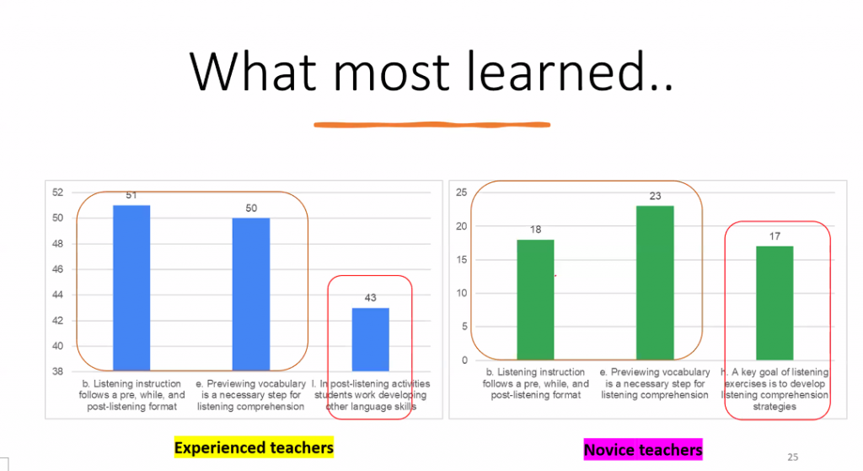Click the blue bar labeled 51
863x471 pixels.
tap(131, 288)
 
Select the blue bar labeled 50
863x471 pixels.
tap(251, 294)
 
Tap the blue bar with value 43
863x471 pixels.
tap(371, 339)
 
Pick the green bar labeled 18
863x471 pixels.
tap(535, 300)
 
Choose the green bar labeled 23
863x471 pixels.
tap(655, 283)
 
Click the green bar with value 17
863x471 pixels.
tap(775, 303)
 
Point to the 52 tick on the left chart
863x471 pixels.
tap(58, 192)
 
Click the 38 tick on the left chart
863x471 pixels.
tap(58, 371)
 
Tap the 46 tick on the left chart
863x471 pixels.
tap(58, 269)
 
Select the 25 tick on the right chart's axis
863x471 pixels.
tap(461, 192)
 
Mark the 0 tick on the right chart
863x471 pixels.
tap(464, 360)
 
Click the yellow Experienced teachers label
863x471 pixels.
tap(254, 447)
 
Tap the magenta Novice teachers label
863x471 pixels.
tap(643, 450)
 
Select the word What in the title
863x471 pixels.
tap(253, 71)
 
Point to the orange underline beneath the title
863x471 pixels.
tap(432, 125)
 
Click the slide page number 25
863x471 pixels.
tap(792, 457)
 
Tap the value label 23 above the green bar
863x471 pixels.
tap(655, 196)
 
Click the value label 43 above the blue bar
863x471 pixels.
tap(371, 298)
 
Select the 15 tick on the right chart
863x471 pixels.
tap(461, 260)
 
